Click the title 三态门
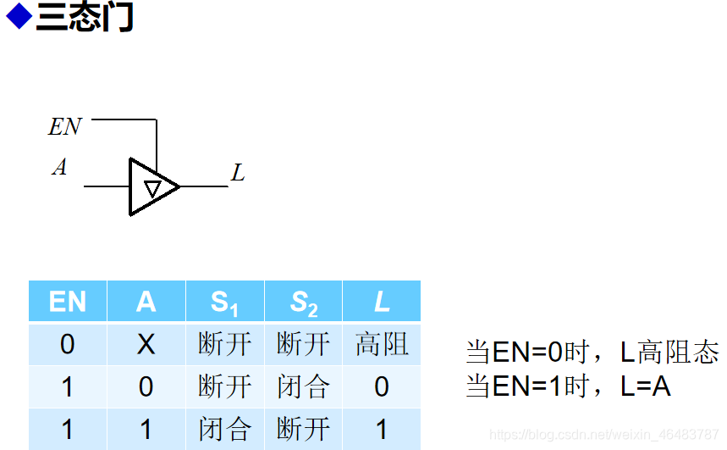pos(85,18)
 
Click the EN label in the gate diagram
pos(65,127)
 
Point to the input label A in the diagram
pos(59,168)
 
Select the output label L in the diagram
pos(238,174)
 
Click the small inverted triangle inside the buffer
pos(152,187)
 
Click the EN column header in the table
pos(68,302)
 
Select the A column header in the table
pos(146,302)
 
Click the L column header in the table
pos(382,302)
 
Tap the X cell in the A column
pos(146,344)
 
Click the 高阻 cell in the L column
pos(382,344)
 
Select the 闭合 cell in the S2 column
pos(303,387)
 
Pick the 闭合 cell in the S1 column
pos(224,429)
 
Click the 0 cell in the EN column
pos(68,344)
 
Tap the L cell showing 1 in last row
pos(382,429)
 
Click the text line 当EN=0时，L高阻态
pos(592,353)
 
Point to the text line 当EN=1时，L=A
pos(569,387)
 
